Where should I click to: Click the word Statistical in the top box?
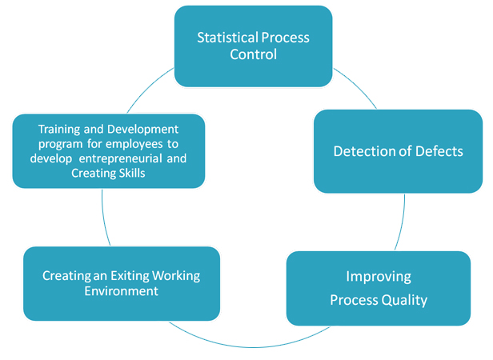tap(227, 38)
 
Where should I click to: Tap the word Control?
tap(254, 54)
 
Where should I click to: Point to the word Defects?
tap(439, 151)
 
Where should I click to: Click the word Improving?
tap(379, 277)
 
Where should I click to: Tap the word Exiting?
tap(130, 276)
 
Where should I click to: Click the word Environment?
tap(122, 291)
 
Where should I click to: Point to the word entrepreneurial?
tap(121, 158)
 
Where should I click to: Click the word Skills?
tap(132, 174)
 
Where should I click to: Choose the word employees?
tap(134, 144)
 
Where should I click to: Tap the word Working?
tap(176, 276)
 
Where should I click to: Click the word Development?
tap(142, 130)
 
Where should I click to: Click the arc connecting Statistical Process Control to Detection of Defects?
tap(357, 86)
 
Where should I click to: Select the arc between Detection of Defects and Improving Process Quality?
tap(402, 222)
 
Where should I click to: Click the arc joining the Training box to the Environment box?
tap(104, 218)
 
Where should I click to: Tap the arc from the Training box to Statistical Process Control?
tap(148, 88)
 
